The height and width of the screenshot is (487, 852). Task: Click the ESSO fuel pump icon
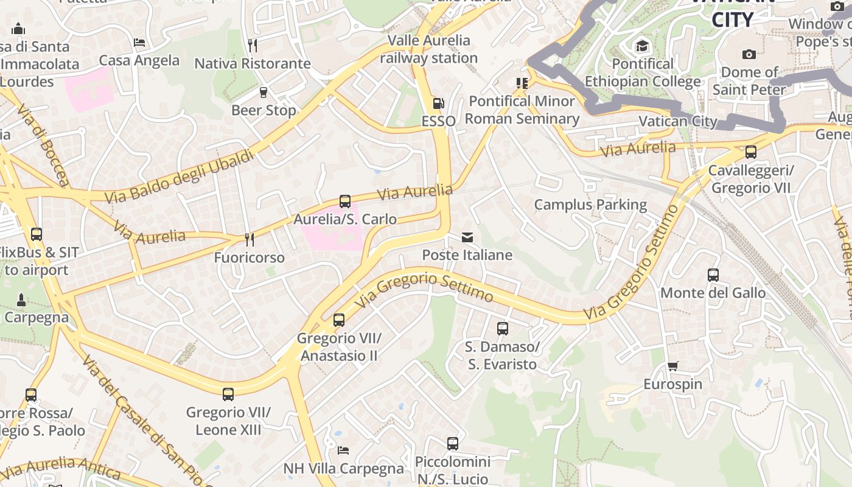pyautogui.click(x=438, y=103)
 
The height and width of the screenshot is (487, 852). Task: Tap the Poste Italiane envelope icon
pyautogui.click(x=467, y=237)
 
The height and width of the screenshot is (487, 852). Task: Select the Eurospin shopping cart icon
pyautogui.click(x=672, y=366)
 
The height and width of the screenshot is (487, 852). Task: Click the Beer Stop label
pyautogui.click(x=264, y=110)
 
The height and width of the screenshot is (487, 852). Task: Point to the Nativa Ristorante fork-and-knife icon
pyautogui.click(x=253, y=45)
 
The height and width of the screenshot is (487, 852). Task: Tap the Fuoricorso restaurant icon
pyautogui.click(x=249, y=239)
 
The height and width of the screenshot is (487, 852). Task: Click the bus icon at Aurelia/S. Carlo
pyautogui.click(x=345, y=201)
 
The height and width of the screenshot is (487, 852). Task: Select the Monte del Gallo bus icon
pyautogui.click(x=713, y=275)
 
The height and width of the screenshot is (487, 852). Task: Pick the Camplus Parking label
pyautogui.click(x=590, y=205)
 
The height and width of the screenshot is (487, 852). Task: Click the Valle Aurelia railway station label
pyautogui.click(x=429, y=49)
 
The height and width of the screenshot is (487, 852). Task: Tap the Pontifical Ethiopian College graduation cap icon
pyautogui.click(x=642, y=46)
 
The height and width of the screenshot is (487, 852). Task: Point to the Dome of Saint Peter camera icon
pyautogui.click(x=749, y=54)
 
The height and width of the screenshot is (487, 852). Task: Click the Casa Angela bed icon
pyautogui.click(x=139, y=43)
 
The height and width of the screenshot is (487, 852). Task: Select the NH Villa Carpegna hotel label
pyautogui.click(x=344, y=468)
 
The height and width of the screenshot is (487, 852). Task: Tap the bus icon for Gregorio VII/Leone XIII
pyautogui.click(x=228, y=394)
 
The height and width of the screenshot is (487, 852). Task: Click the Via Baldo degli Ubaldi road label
pyautogui.click(x=179, y=177)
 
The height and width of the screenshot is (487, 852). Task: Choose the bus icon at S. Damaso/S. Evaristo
pyautogui.click(x=503, y=329)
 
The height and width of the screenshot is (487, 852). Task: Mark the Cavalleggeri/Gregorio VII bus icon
pyautogui.click(x=751, y=152)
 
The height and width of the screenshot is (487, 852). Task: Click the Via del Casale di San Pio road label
pyautogui.click(x=146, y=420)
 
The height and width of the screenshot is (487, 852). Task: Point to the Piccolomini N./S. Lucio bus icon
pyautogui.click(x=453, y=444)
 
